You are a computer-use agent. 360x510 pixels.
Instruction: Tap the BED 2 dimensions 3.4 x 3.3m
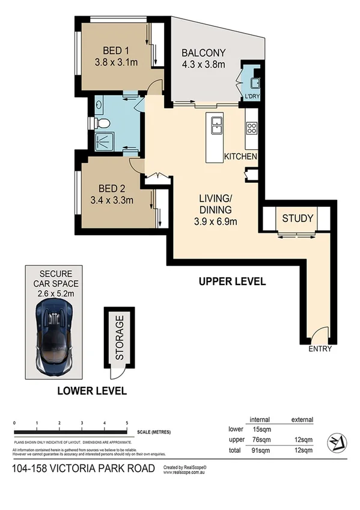[112, 200]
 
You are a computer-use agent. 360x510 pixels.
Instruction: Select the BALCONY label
[203, 52]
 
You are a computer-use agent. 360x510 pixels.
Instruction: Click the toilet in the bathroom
[102, 123]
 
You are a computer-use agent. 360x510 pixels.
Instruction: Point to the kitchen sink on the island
[216, 125]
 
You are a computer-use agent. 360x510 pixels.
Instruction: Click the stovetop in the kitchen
[251, 127]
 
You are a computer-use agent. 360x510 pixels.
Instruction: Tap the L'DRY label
[251, 97]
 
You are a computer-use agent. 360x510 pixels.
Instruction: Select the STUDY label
[297, 218]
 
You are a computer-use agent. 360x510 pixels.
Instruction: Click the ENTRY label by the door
[319, 349]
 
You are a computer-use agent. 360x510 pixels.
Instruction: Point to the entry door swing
[319, 335]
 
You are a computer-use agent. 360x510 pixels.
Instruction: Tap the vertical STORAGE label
[120, 337]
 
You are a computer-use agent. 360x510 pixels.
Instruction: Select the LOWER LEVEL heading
[91, 391]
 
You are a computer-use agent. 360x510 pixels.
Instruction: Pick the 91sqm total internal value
[260, 450]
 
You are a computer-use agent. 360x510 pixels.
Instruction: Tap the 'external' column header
[302, 419]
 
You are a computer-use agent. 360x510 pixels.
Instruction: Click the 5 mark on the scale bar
[127, 424]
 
